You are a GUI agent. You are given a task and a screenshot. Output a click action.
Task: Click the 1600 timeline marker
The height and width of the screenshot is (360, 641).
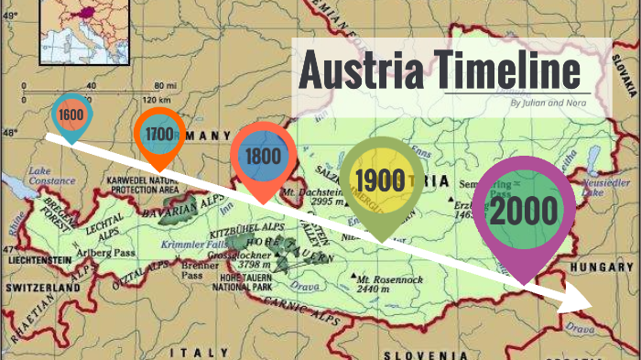[70, 115]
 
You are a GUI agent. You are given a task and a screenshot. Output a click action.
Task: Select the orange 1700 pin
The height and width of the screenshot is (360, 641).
[158, 134]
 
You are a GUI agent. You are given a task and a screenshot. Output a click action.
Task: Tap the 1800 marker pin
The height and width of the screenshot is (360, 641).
[263, 156]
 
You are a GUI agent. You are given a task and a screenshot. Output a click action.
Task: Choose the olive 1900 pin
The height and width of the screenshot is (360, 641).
[379, 180]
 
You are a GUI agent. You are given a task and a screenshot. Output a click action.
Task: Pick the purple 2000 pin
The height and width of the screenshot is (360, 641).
[523, 211]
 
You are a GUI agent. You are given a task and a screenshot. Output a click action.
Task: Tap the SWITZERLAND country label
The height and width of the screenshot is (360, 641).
[41, 288]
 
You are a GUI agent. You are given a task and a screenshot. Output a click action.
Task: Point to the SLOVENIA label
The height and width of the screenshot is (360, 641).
[414, 354]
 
